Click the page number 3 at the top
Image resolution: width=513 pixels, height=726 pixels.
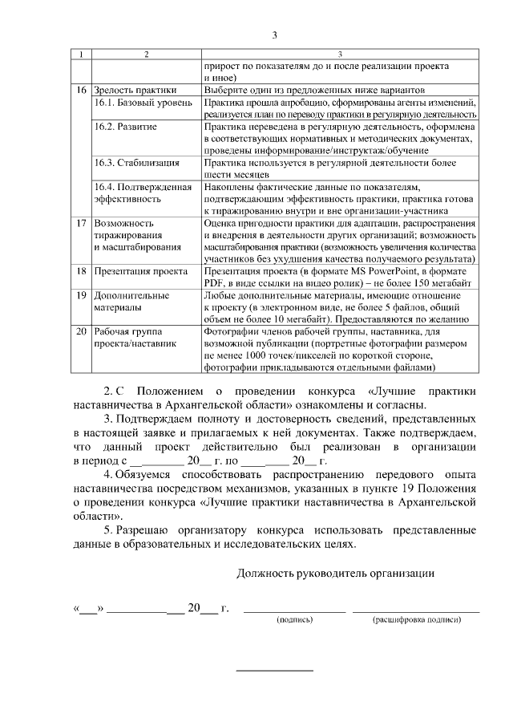coord(274,34)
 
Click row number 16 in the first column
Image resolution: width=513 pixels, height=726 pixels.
coord(80,91)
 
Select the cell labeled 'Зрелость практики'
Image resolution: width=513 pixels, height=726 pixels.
coord(135,91)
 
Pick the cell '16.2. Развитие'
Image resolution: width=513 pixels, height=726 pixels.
coord(125,128)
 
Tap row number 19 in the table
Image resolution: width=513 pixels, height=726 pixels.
coord(80,295)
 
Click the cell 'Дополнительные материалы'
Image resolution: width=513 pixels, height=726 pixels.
coord(131,301)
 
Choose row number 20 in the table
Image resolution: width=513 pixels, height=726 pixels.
coord(80,331)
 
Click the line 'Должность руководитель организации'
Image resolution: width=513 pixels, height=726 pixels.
coord(336,574)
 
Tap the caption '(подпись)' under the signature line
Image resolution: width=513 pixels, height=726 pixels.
coord(294,620)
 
